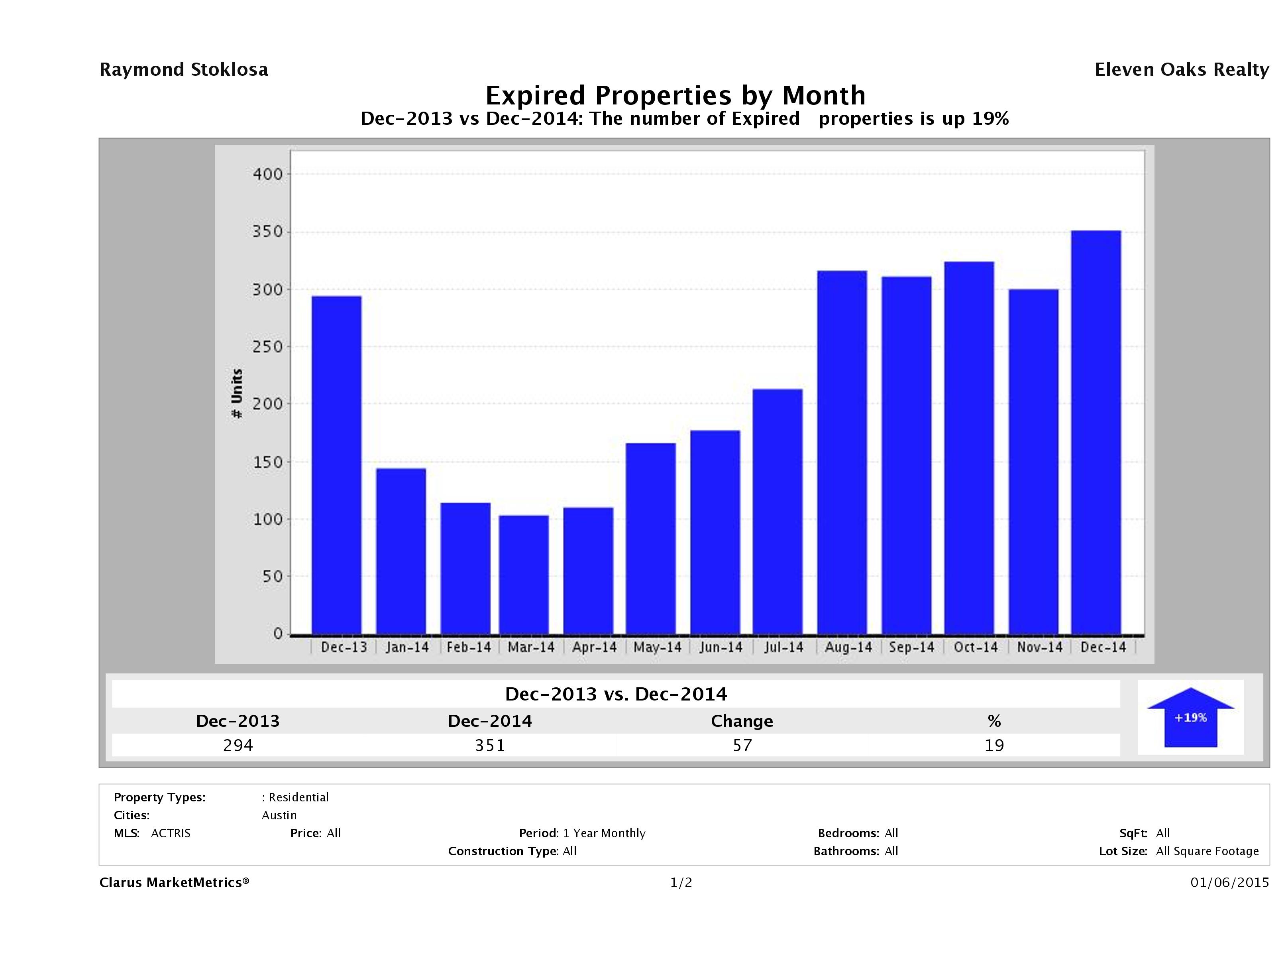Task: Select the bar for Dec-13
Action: (337, 465)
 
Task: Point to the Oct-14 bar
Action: (969, 448)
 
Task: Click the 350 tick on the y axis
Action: (267, 232)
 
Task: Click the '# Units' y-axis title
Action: (237, 393)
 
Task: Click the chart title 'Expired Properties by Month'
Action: (675, 95)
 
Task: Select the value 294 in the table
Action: (238, 745)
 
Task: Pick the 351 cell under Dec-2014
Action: (490, 745)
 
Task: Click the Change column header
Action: (742, 721)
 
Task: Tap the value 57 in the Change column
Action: (742, 745)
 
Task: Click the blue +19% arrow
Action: (1190, 718)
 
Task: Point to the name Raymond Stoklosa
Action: (184, 70)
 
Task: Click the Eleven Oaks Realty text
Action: (1181, 70)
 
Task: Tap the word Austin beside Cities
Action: (279, 815)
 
